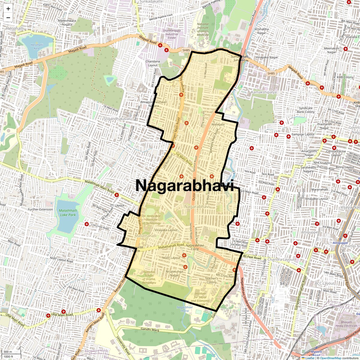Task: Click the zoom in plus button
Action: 8,9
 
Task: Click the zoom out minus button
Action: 8,17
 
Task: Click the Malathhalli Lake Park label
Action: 68,213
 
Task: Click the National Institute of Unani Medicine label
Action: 203,29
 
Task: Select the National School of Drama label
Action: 149,277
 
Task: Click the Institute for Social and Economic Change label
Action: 200,299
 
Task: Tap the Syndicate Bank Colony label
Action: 306,110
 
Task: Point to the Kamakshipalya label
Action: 264,92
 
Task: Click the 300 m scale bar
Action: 8,352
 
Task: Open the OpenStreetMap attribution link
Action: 330,358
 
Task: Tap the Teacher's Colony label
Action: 211,280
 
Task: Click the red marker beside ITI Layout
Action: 117,195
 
